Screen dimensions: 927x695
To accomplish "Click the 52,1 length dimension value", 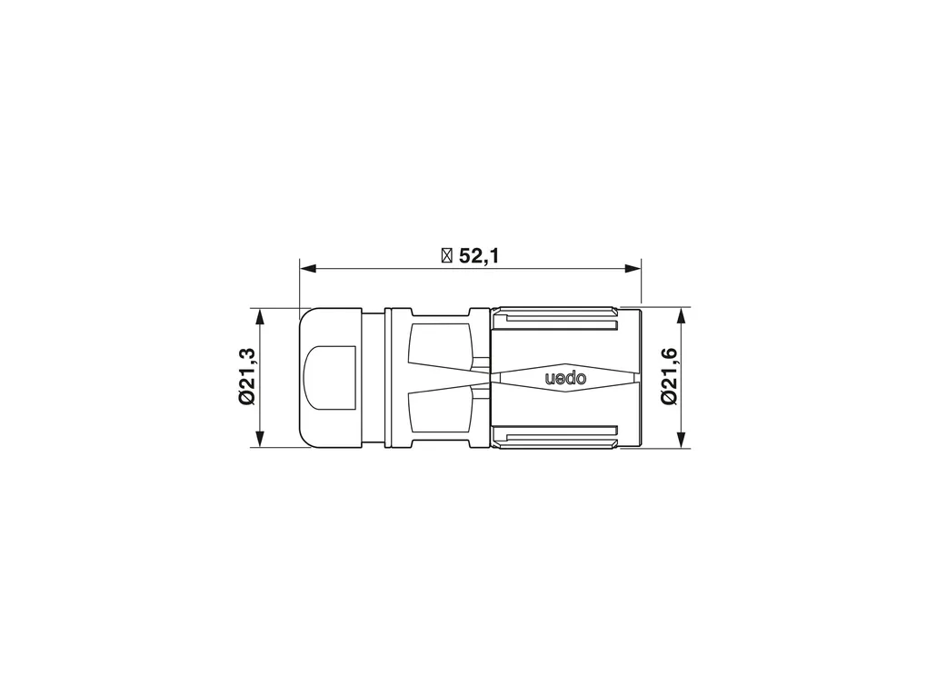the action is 479,256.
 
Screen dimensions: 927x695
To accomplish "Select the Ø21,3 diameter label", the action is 246,376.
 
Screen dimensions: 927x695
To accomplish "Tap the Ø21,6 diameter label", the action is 669,376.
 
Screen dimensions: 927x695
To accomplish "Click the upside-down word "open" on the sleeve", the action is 565,378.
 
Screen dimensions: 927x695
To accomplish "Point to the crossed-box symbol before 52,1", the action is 447,256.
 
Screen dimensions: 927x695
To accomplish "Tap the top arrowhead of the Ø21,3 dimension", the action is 260,316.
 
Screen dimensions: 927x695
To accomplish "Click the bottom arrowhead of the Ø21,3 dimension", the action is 260,439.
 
